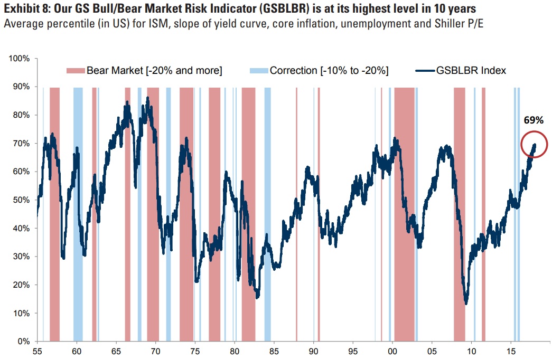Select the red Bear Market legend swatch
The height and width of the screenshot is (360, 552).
75,71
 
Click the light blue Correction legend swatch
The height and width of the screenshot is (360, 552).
257,71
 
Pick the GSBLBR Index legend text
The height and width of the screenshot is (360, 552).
472,71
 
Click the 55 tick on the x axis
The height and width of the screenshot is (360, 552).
37,350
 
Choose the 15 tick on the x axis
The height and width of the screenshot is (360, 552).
511,350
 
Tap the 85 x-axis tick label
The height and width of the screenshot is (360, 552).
274,350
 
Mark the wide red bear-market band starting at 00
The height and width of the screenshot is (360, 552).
404,211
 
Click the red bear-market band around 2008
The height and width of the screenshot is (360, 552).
459,211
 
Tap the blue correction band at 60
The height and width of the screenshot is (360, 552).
78,211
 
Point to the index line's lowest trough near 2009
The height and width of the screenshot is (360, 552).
466,303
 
